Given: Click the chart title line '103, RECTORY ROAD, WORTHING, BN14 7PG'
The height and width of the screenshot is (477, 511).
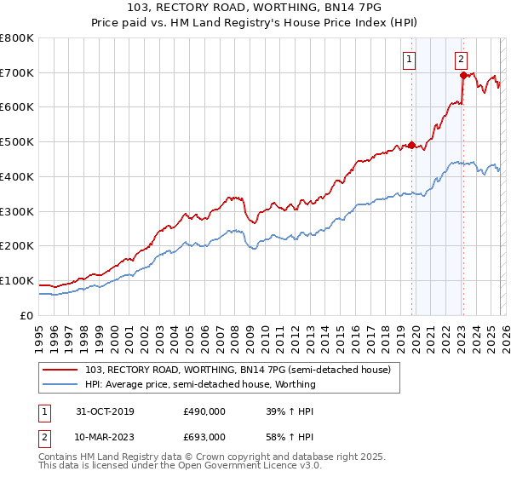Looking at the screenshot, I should [255, 8].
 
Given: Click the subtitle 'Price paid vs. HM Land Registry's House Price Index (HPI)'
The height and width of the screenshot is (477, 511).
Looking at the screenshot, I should [255, 22].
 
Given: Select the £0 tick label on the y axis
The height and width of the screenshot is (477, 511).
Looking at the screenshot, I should [26, 315].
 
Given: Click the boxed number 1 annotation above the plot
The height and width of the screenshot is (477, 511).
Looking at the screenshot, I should [410, 60].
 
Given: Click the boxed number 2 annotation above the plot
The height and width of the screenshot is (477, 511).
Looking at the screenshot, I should [461, 60].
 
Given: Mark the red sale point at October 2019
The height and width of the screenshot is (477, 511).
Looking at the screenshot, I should [411, 146].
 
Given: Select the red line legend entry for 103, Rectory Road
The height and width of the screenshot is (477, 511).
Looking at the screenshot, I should [238, 370].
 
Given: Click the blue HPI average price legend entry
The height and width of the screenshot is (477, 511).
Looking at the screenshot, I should [200, 384].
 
